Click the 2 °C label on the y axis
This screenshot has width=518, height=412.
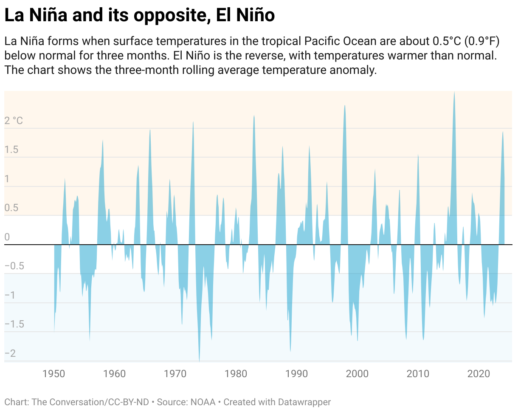coord(14,121)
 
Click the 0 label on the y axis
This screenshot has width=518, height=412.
coord(7,237)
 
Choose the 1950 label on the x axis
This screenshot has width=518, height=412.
coord(54,374)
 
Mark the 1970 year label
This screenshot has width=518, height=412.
coord(175,374)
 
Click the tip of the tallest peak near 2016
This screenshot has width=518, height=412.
coord(454,92)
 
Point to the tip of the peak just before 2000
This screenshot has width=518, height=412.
coord(345,105)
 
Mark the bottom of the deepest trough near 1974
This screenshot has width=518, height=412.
coord(200,361)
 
